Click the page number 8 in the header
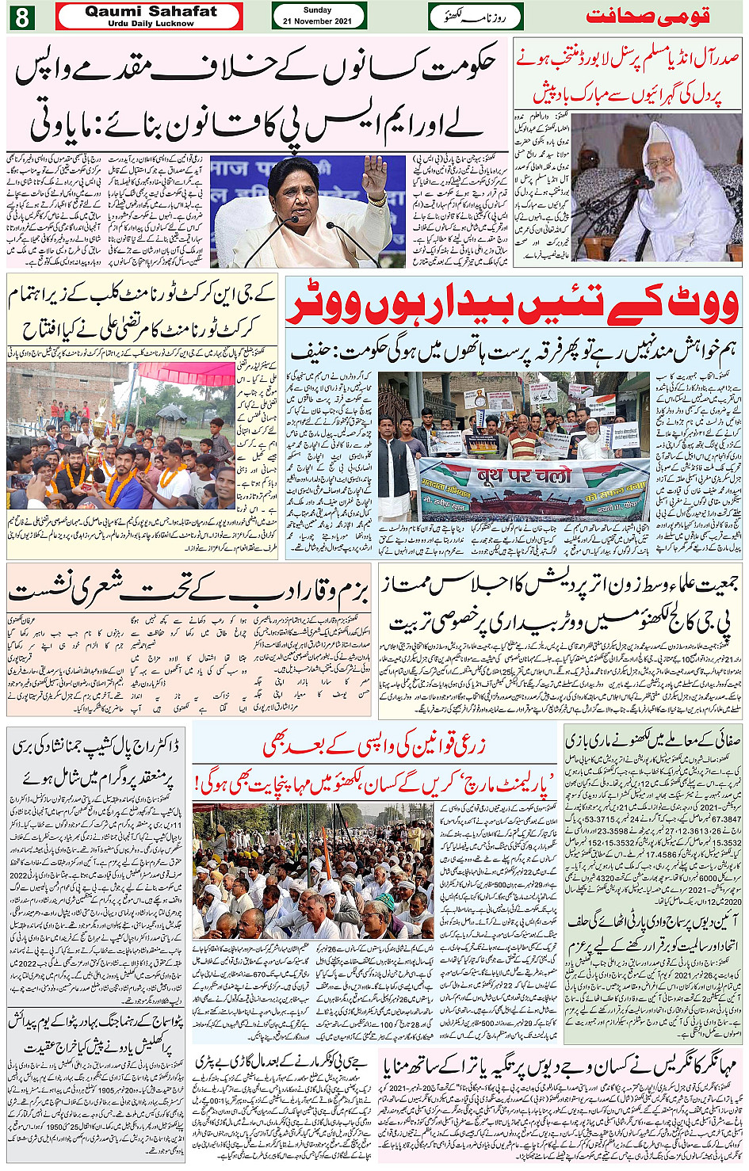click(20, 17)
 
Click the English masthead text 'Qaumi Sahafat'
click(151, 11)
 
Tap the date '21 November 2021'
click(318, 21)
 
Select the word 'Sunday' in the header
click(318, 10)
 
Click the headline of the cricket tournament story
click(143, 312)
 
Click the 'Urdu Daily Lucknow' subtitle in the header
click(151, 24)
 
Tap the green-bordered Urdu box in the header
click(476, 16)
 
